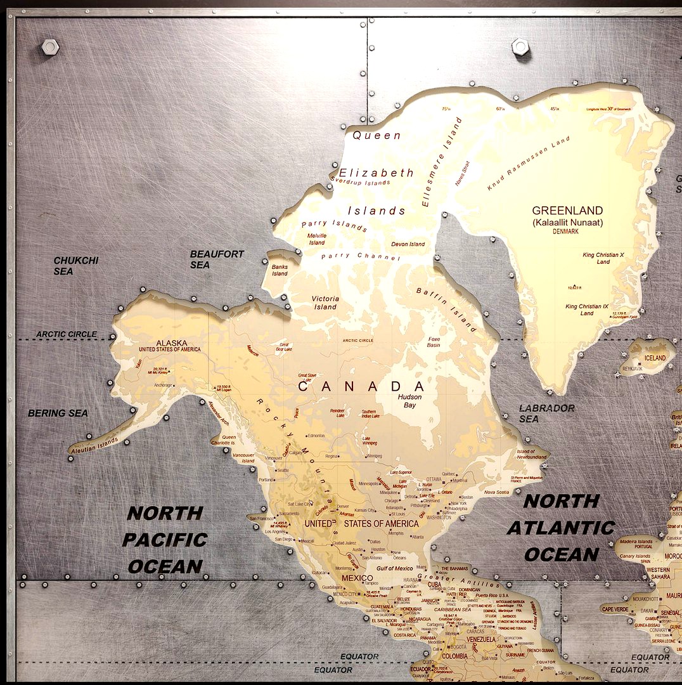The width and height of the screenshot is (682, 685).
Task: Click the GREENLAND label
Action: (x=567, y=211)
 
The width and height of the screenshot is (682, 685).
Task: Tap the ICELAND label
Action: (x=655, y=358)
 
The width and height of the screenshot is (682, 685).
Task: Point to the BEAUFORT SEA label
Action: (x=217, y=259)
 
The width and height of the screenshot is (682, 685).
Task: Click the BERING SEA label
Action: (x=58, y=413)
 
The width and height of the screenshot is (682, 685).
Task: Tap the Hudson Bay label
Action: (x=409, y=401)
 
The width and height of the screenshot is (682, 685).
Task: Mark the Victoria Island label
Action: (x=325, y=303)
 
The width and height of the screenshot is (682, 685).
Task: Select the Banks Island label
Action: (x=280, y=270)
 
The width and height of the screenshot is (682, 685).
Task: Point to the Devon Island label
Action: (x=408, y=244)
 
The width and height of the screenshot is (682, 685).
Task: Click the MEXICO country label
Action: (x=357, y=578)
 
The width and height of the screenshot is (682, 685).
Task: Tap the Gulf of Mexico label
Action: (x=394, y=568)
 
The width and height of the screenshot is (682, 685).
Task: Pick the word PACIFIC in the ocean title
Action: (x=165, y=540)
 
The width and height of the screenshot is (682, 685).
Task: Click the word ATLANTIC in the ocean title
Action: (x=561, y=528)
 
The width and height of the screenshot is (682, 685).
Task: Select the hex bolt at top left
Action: (x=49, y=46)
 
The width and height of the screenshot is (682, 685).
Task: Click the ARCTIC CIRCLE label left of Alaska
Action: (x=67, y=334)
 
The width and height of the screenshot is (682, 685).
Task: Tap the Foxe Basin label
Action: (x=434, y=342)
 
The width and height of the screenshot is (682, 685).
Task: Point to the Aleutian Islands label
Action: (x=94, y=443)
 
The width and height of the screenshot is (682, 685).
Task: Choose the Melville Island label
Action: (x=316, y=239)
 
